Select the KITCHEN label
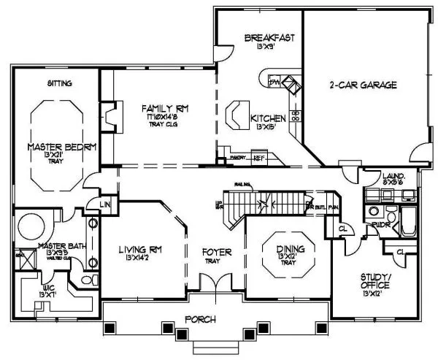263,118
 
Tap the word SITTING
60,84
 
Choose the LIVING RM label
140,250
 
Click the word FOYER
217,253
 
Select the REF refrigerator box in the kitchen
258,156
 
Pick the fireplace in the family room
109,115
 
